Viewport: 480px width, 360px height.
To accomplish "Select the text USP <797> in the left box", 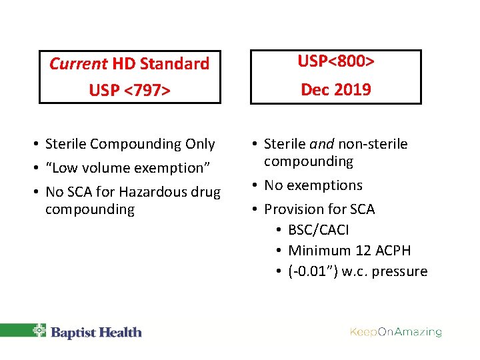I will tap(130, 89).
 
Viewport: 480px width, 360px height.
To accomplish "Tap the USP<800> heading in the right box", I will tap(335, 62).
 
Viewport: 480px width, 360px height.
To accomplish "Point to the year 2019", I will tap(353, 89).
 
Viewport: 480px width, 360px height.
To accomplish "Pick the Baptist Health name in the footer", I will tap(97, 332).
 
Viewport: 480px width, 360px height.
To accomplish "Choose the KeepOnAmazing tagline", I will tap(396, 331).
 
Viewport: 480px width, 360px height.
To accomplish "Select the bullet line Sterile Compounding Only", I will tap(130, 144).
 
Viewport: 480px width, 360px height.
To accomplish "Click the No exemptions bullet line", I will tap(313, 185).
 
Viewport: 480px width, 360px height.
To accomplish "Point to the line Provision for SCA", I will tap(319, 209).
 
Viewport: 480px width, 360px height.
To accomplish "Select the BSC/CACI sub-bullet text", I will tap(318, 230).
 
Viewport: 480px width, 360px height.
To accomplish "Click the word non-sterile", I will tap(373, 144).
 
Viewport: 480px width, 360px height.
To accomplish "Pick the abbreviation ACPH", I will tap(392, 251).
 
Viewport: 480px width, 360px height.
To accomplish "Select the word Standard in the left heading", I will tap(174, 64).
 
